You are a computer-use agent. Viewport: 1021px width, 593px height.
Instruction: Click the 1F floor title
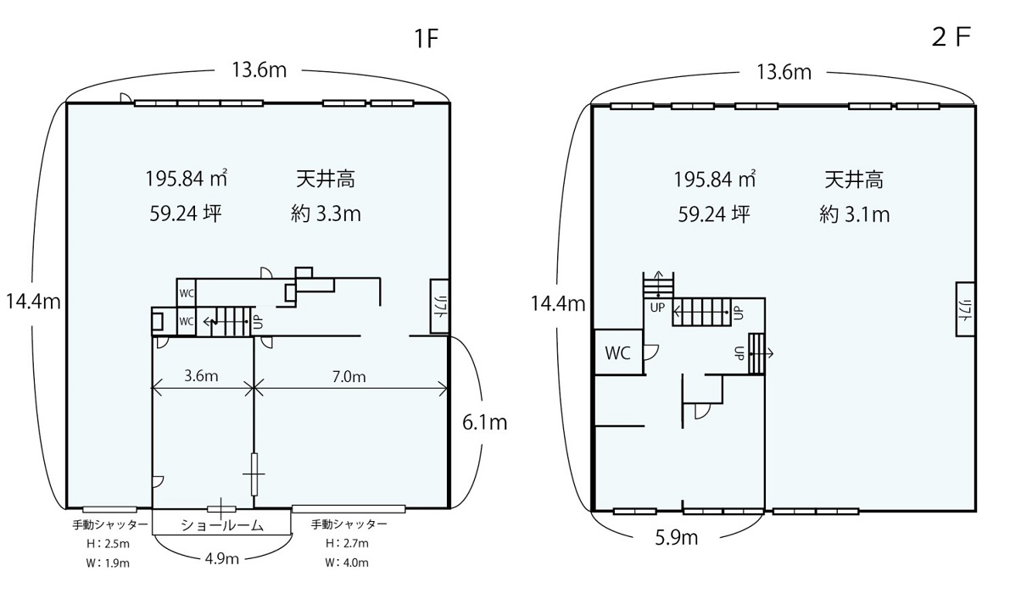pos(426,38)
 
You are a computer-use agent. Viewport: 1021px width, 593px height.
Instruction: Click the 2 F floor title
pos(951,37)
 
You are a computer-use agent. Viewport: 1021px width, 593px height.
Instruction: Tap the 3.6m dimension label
pos(201,376)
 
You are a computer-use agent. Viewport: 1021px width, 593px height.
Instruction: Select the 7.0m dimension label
pos(349,377)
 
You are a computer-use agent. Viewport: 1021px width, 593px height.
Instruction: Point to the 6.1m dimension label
pos(484,423)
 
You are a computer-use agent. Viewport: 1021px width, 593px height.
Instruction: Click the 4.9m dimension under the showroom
pos(222,558)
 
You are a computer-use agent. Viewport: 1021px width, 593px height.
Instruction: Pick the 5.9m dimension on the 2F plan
pos(677,538)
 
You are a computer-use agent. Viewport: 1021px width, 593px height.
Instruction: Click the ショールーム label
pos(222,525)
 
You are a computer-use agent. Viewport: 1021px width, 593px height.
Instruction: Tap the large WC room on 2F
pos(618,352)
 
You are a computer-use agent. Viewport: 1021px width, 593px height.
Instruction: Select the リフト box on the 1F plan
pos(440,306)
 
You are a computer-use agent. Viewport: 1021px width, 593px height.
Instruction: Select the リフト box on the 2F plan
pos(965,309)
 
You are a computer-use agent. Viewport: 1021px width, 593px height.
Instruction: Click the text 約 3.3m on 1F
pos(326,214)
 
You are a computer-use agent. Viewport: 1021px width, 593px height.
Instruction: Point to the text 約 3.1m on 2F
pos(854,214)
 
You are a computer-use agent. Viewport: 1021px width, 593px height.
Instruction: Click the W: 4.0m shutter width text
pos(347,563)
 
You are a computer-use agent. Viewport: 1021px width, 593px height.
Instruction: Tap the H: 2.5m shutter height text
pos(108,544)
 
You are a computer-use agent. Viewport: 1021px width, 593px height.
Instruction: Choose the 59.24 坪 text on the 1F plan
pos(186,213)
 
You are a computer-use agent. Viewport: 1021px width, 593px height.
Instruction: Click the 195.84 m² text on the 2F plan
pos(714,180)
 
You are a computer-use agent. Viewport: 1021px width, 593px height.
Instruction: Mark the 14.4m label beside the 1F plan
pos(33,302)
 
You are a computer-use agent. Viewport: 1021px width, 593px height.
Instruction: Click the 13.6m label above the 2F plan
pos(784,72)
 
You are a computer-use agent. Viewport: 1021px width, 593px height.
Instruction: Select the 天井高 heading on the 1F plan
pos(326,179)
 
